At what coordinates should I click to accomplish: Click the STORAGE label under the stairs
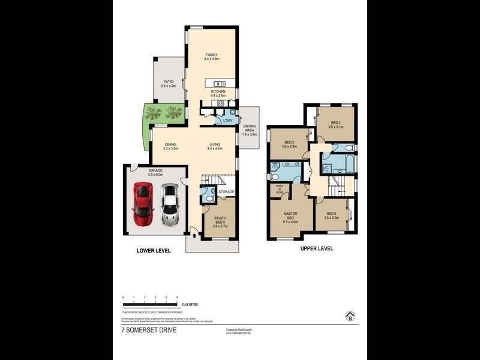[226, 192]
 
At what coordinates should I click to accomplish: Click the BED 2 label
[335, 124]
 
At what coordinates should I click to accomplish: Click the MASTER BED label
[290, 216]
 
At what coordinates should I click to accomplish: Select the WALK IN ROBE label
[279, 190]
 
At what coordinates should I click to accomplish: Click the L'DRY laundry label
[227, 121]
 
